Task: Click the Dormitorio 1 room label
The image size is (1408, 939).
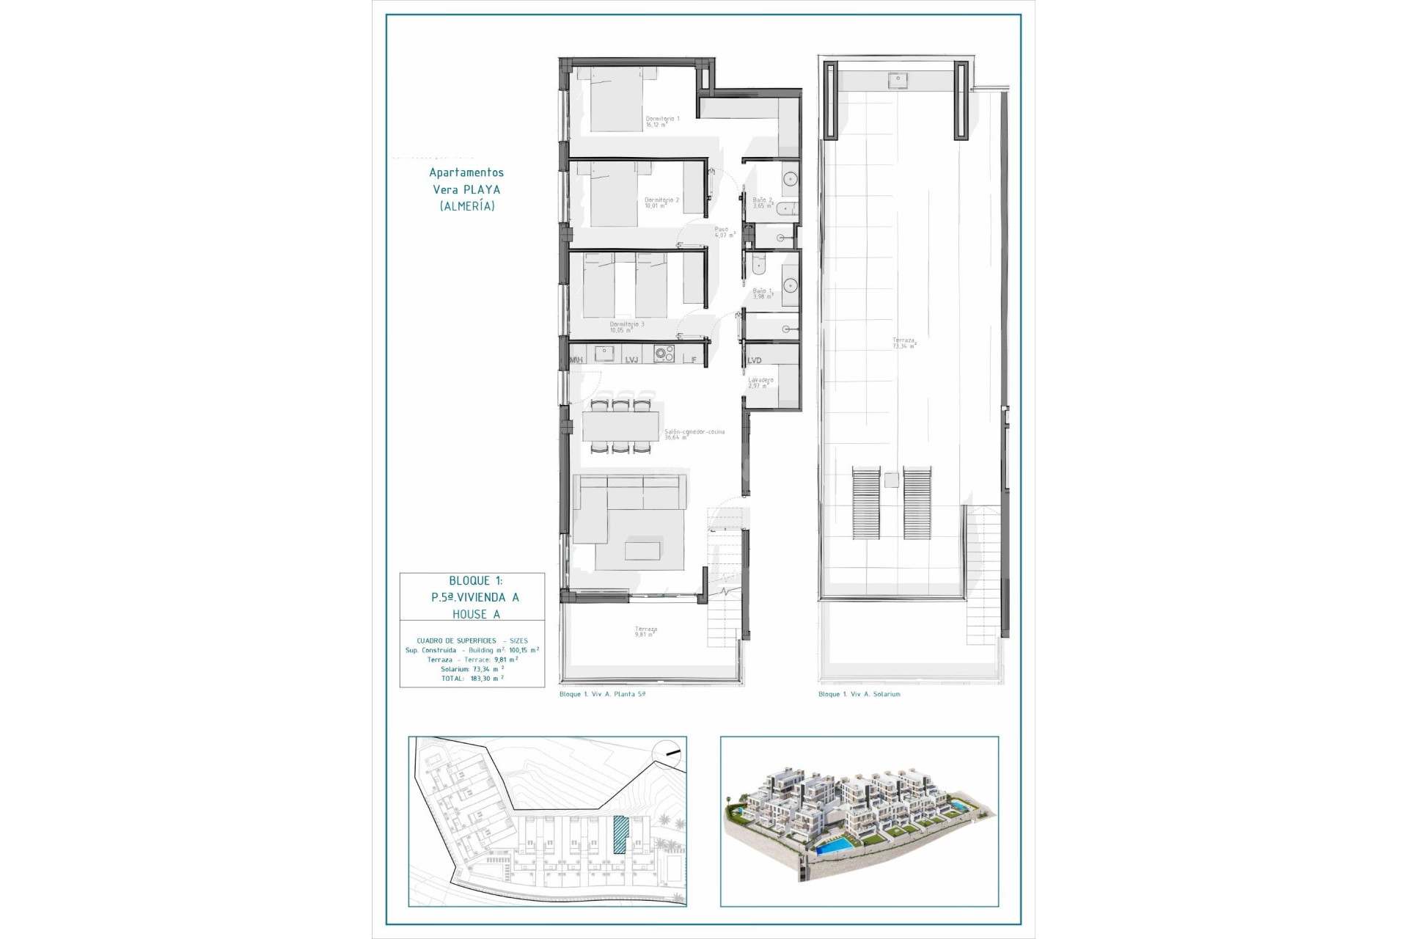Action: coord(662,122)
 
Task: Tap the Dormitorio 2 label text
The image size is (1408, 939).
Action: coord(661,202)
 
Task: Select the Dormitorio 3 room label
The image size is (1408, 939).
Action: coord(627,327)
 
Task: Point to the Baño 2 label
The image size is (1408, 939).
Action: coord(763,202)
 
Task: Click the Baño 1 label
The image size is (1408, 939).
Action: coord(763,293)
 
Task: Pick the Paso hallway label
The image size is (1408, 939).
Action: coord(724,232)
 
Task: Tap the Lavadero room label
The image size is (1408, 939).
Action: coord(760,383)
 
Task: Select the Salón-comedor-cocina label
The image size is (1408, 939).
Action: coord(694,434)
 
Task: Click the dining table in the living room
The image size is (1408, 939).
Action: coord(621,425)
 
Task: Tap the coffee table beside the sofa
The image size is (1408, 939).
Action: coord(642,550)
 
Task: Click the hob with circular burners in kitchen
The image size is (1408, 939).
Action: coord(664,354)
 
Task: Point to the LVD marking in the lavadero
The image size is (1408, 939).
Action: coord(755,360)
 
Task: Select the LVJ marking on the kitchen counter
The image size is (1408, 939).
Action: coord(631,359)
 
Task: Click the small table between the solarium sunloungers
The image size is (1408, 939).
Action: coord(891,481)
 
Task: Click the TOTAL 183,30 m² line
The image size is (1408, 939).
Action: coord(472,679)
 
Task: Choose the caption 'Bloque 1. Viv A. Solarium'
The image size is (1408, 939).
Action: coord(859,694)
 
